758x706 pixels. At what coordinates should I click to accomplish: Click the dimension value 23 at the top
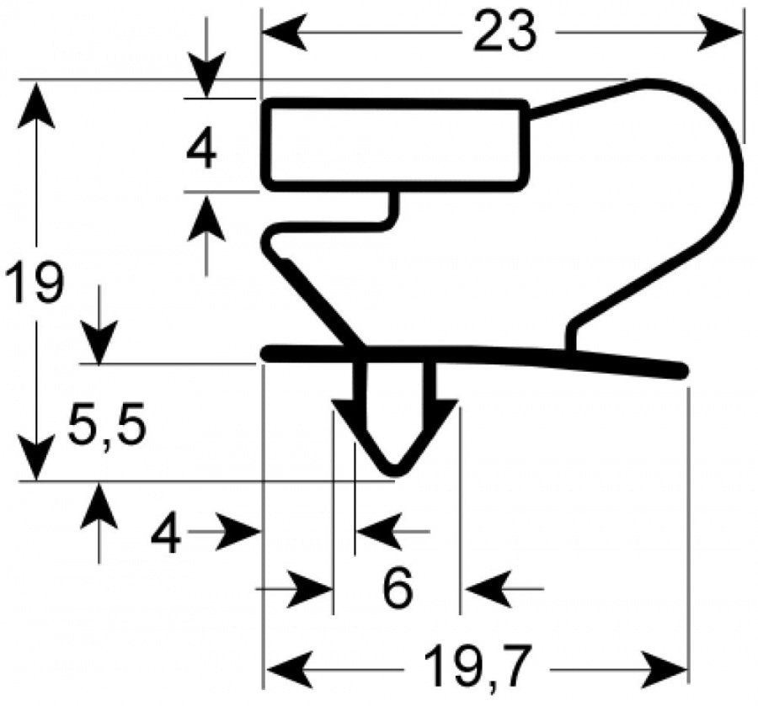click(x=504, y=32)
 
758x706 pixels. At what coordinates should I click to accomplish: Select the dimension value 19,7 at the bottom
click(x=477, y=667)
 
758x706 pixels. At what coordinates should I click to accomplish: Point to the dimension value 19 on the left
click(x=34, y=282)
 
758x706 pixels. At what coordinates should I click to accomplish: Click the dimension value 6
click(x=398, y=588)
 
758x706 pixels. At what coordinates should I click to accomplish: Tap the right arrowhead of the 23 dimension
click(x=720, y=33)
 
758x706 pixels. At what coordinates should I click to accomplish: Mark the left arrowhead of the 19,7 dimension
click(x=289, y=670)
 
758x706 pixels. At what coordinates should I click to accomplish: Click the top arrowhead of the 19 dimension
click(x=36, y=104)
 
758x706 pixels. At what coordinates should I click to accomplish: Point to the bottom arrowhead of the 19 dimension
click(x=36, y=457)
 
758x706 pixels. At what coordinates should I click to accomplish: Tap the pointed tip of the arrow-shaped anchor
click(x=397, y=470)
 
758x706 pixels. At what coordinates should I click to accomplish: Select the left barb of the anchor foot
click(x=347, y=406)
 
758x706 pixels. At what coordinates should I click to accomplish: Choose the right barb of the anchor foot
click(x=443, y=406)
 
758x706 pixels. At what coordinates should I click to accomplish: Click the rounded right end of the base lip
click(x=681, y=371)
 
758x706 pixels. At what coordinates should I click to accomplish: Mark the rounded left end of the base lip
click(x=267, y=353)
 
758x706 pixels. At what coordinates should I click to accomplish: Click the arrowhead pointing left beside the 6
click(x=488, y=589)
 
